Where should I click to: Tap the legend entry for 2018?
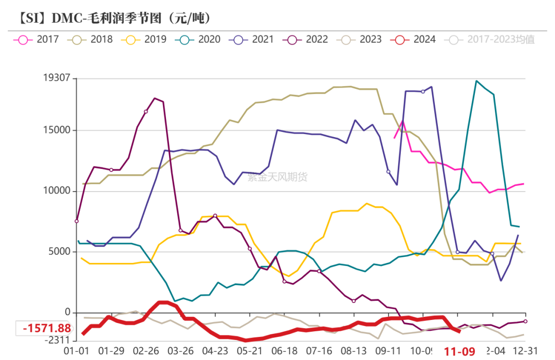tap(92, 39)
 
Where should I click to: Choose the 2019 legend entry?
tap(146, 39)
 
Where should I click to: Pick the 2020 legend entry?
tap(200, 39)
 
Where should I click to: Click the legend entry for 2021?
tap(254, 39)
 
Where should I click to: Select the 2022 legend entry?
tap(308, 39)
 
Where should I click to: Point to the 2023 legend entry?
tap(362, 39)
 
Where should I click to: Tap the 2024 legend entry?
tap(415, 39)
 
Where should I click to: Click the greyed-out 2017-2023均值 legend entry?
tap(492, 39)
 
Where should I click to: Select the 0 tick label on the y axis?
tap(66, 313)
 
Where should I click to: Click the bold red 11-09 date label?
tap(459, 352)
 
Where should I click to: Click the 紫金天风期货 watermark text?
tap(277, 177)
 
